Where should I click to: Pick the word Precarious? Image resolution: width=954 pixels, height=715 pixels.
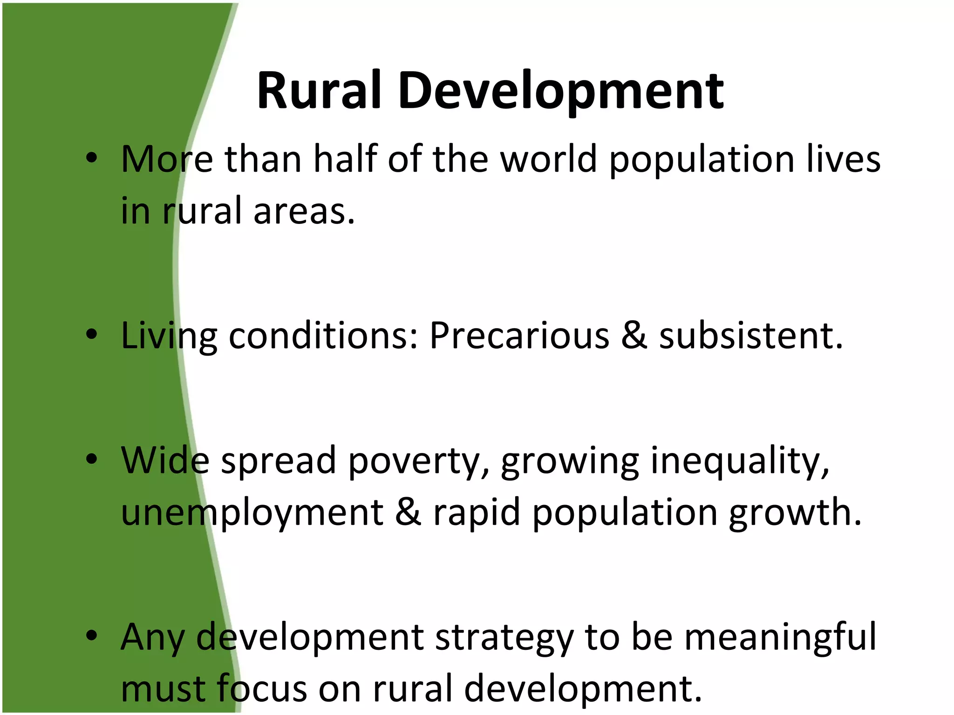[x=519, y=336]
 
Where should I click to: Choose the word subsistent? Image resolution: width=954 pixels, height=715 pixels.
[x=750, y=336]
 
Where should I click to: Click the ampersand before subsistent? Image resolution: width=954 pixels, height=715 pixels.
[x=634, y=336]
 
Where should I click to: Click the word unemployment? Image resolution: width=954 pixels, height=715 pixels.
[x=252, y=513]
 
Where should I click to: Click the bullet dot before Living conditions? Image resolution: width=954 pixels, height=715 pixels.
[x=92, y=334]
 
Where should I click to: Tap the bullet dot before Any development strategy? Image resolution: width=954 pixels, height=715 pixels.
[x=92, y=635]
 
